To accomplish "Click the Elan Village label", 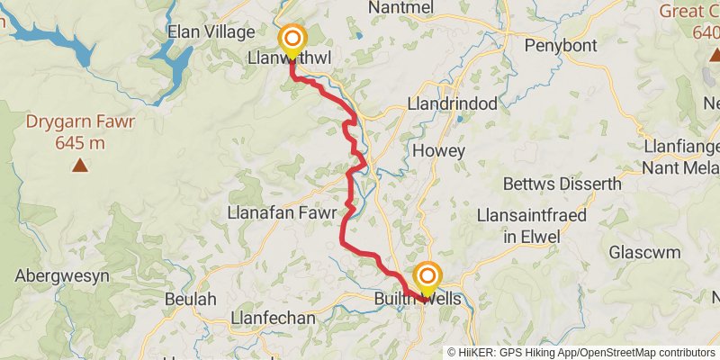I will [211, 32].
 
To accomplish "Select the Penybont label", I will [562, 44].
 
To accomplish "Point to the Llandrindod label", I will [452, 103].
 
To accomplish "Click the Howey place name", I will [438, 151].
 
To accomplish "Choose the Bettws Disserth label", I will [562, 184].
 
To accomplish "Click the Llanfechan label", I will [273, 318].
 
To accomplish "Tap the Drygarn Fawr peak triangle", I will [81, 165].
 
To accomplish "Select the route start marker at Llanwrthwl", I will [292, 40].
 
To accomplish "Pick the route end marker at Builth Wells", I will [427, 277].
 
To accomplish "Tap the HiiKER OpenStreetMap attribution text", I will [582, 353].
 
